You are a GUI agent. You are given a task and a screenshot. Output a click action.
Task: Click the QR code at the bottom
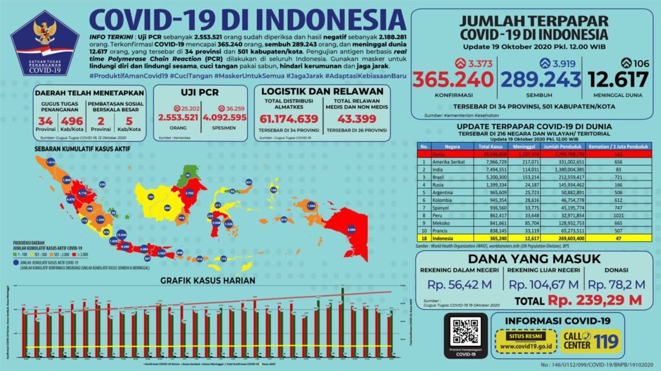tap(466, 331)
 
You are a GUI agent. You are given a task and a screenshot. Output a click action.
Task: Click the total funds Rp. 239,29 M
tap(595, 299)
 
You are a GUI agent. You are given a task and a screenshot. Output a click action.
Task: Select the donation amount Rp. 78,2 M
tap(617, 283)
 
